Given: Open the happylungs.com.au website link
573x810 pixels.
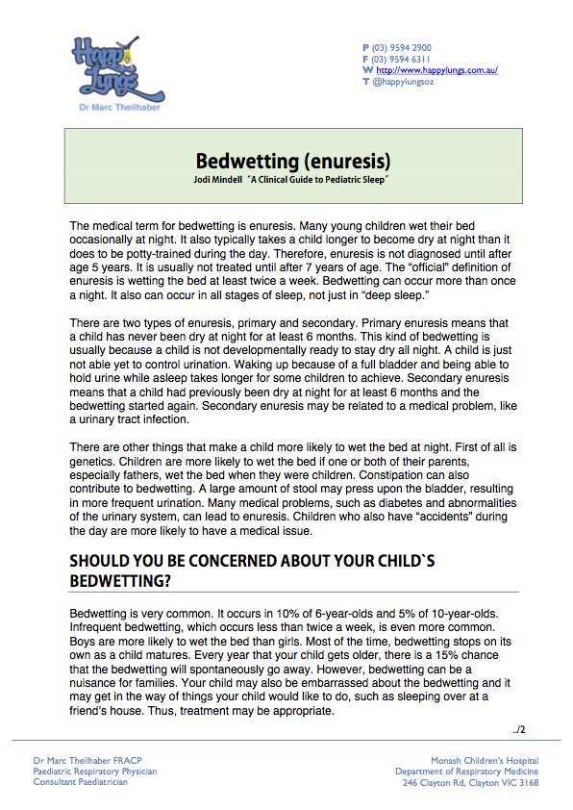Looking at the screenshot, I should [x=436, y=70].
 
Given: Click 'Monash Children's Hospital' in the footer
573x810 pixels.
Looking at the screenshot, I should [x=485, y=761].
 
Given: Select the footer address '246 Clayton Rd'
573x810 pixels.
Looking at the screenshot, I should [x=436, y=783].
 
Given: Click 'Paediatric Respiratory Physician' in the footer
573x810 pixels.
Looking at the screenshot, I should [x=94, y=772].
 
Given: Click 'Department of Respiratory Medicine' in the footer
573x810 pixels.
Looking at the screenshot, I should [x=467, y=772].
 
